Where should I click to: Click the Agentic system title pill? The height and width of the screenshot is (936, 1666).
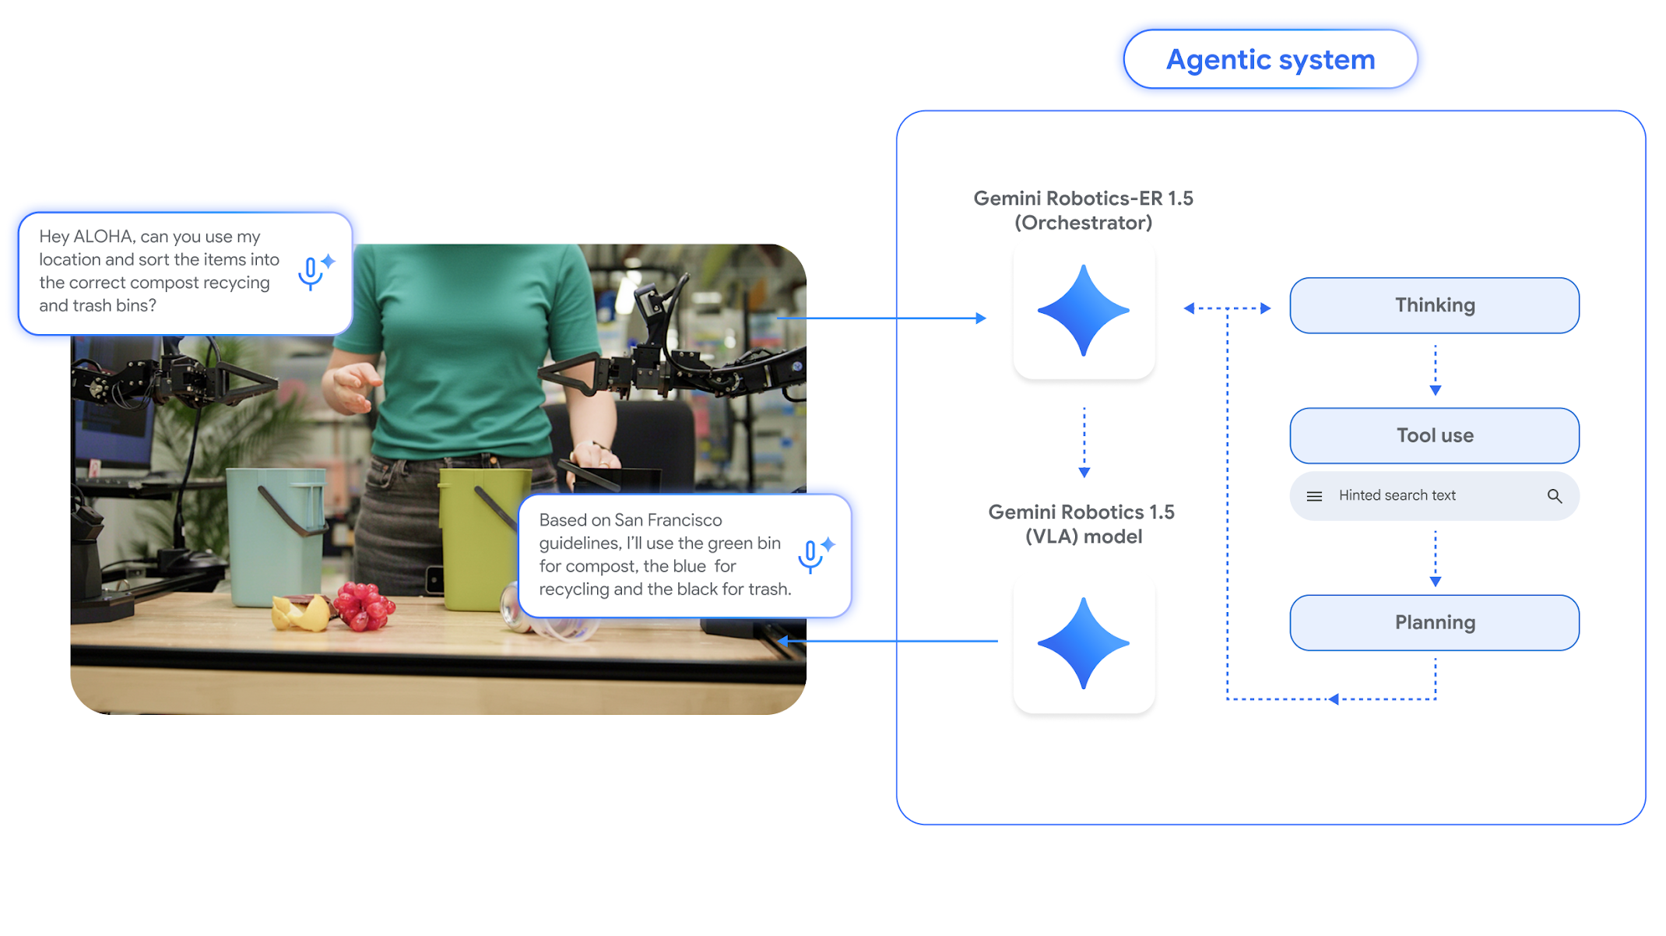[1270, 60]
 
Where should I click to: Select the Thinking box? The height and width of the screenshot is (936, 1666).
[1434, 305]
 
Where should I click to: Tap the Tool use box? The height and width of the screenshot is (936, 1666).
[1434, 435]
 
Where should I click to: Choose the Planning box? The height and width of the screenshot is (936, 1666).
[1434, 622]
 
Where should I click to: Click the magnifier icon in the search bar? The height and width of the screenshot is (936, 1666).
[1554, 496]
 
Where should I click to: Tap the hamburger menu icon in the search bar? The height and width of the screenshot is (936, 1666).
[1314, 496]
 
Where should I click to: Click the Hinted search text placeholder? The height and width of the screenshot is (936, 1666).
[1397, 495]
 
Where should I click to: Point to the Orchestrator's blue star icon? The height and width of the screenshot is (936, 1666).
[1083, 310]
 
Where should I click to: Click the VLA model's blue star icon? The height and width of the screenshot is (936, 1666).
[1083, 643]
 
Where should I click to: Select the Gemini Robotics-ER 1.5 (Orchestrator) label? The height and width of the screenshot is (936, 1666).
[1083, 210]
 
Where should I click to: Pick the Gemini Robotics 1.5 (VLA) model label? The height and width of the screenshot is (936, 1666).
[1083, 524]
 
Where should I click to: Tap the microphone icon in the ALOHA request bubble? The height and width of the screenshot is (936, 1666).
[311, 273]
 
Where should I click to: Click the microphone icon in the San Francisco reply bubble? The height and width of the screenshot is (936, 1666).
[811, 555]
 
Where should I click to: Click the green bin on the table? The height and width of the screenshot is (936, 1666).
[479, 537]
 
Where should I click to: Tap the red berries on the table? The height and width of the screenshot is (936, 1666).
[364, 606]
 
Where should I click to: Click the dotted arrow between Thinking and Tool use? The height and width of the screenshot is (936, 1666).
[1435, 370]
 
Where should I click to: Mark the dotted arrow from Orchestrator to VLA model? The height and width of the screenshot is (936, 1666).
[1084, 441]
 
